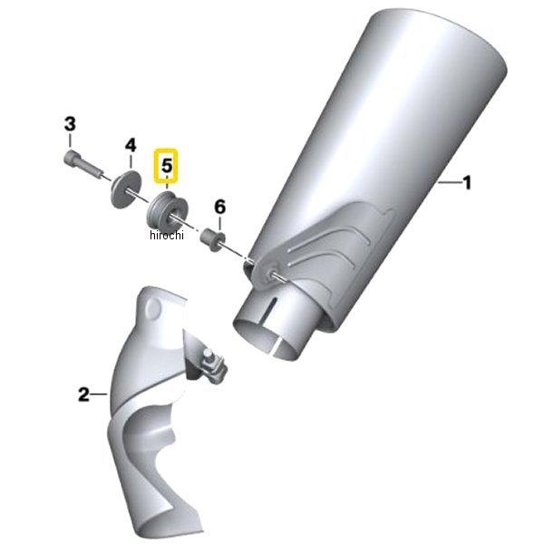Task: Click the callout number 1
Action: (x=467, y=184)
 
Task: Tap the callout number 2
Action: (x=83, y=394)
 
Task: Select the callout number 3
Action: (x=69, y=124)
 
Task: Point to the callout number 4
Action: (x=130, y=145)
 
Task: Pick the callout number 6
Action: (x=219, y=207)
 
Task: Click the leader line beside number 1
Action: (x=449, y=184)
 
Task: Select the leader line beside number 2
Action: (x=101, y=394)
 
